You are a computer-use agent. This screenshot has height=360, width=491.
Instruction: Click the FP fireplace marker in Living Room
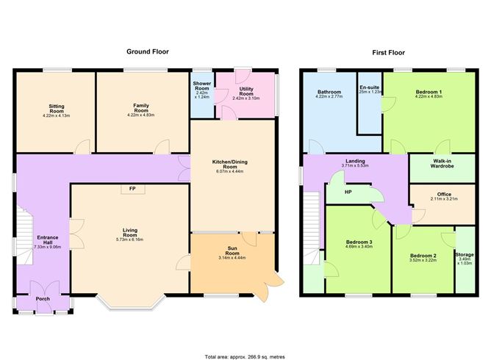click(x=132, y=190)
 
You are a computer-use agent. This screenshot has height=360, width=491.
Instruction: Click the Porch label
click(x=43, y=299)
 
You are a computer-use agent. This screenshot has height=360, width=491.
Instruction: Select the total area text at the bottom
click(x=246, y=356)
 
